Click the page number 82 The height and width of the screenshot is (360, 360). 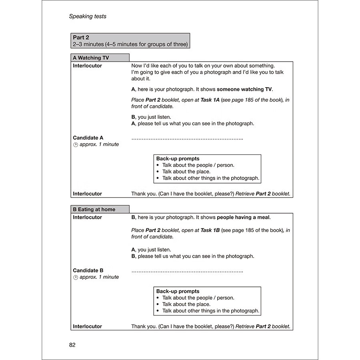coord(72,345)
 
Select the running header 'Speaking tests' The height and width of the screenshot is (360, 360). coord(88,16)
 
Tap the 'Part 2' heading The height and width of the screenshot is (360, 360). coord(81,38)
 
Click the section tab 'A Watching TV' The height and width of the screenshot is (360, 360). coord(91,58)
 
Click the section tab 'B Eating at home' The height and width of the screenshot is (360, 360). coord(94,209)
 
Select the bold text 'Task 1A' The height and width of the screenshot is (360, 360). coord(210,100)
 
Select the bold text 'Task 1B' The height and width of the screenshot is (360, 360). coord(210,230)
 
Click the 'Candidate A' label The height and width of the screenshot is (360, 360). coord(88,138)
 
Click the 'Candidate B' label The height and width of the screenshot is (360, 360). coord(88,270)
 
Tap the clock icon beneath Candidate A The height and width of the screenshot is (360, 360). coord(75,145)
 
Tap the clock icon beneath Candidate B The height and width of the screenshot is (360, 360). coord(75,277)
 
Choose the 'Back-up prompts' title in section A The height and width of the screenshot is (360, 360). coord(178,158)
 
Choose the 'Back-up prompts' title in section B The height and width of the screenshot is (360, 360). coord(178,291)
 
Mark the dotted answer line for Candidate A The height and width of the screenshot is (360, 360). coord(187,138)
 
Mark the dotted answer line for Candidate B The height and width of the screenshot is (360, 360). coord(187,271)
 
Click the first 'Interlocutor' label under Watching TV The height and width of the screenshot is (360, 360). coord(87,66)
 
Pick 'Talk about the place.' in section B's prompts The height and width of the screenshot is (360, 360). coord(186,304)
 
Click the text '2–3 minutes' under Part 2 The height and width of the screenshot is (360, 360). coord(87,44)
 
